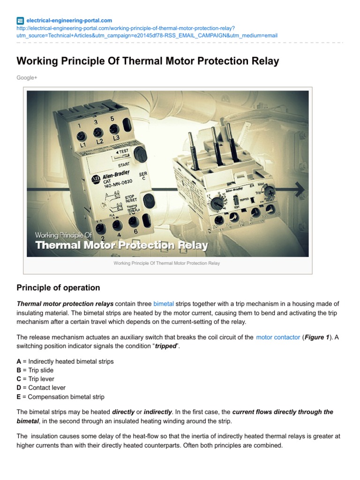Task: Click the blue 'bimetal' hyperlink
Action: coord(164,304)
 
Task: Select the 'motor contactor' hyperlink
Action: coord(278,337)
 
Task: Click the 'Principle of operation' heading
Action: coord(58,287)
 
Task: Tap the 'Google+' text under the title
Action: coord(27,77)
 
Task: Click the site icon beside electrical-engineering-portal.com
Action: coord(20,21)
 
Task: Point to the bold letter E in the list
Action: coord(19,397)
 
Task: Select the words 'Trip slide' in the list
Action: coord(41,370)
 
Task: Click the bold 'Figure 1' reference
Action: coord(318,337)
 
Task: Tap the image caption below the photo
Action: coord(166,263)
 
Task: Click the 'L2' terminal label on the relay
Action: coord(99,141)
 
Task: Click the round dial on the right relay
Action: coord(217,203)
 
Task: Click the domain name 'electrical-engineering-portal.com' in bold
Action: coord(69,21)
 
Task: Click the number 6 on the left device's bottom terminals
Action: coord(136,232)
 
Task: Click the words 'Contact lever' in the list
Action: coord(47,388)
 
